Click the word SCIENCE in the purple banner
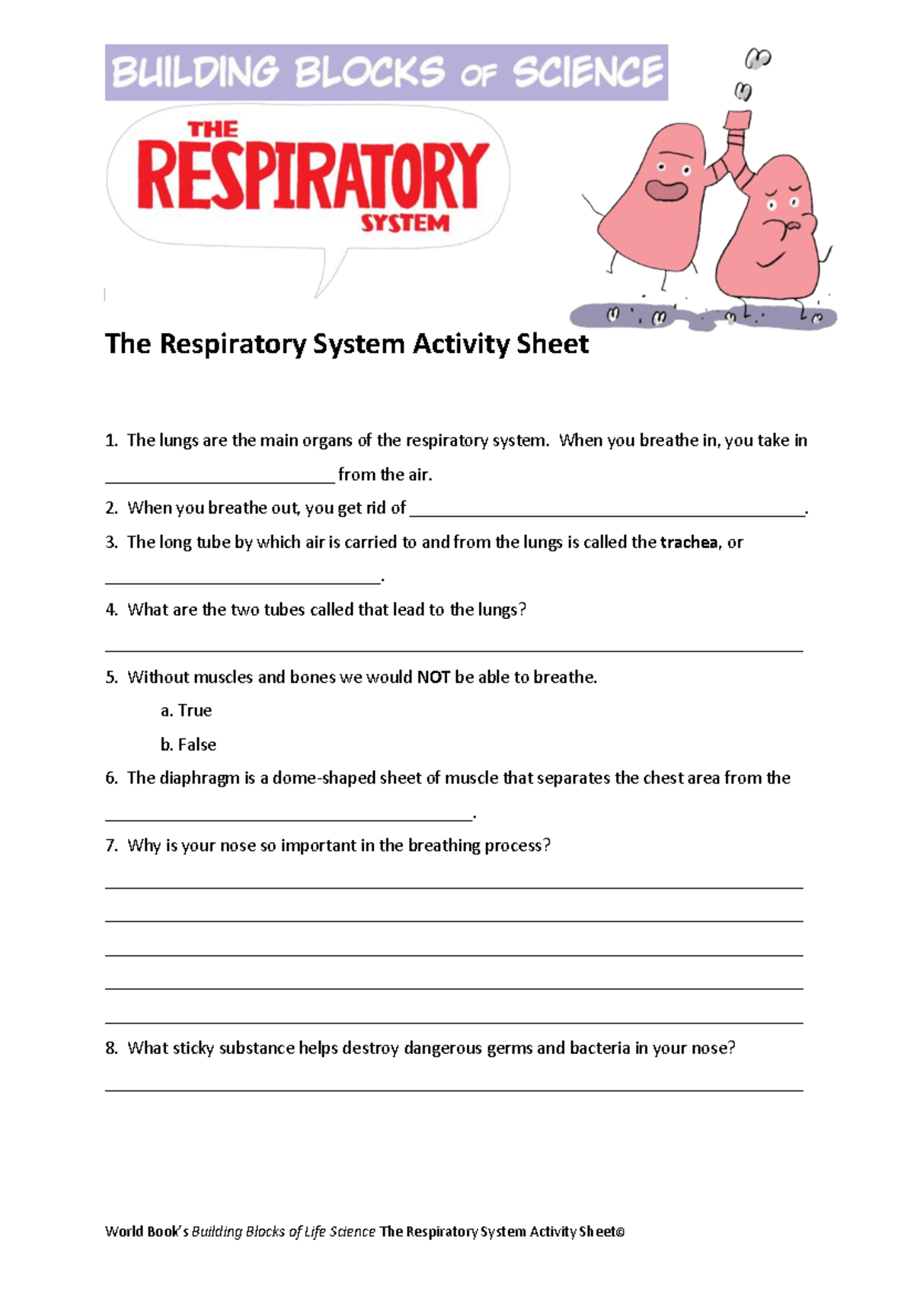click(x=587, y=72)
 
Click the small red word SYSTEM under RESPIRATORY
click(x=404, y=223)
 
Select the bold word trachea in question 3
click(x=689, y=543)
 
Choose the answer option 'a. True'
click(x=186, y=710)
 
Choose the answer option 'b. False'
click(x=188, y=745)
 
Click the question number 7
click(x=111, y=846)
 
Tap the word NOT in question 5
click(x=433, y=677)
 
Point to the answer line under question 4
click(x=454, y=649)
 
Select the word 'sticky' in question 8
click(x=194, y=1049)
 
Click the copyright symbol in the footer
click(x=620, y=1232)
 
